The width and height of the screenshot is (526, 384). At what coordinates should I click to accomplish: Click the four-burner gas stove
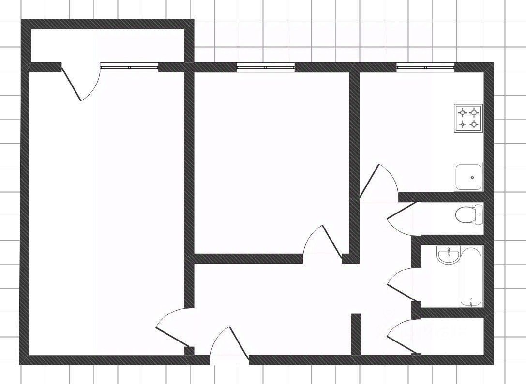point(468,118)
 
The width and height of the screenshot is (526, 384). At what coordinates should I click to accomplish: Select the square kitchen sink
point(468,177)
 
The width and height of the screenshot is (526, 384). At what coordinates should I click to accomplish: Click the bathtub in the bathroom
point(471,276)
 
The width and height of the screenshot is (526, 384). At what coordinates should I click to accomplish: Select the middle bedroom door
point(322,242)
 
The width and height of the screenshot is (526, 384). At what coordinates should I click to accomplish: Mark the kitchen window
point(425,68)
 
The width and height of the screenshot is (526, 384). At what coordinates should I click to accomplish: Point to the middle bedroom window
point(265,68)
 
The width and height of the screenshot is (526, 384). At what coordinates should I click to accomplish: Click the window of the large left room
point(129,68)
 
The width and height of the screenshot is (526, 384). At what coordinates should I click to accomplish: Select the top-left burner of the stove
point(463,113)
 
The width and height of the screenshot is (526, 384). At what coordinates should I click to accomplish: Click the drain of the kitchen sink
point(472,177)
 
